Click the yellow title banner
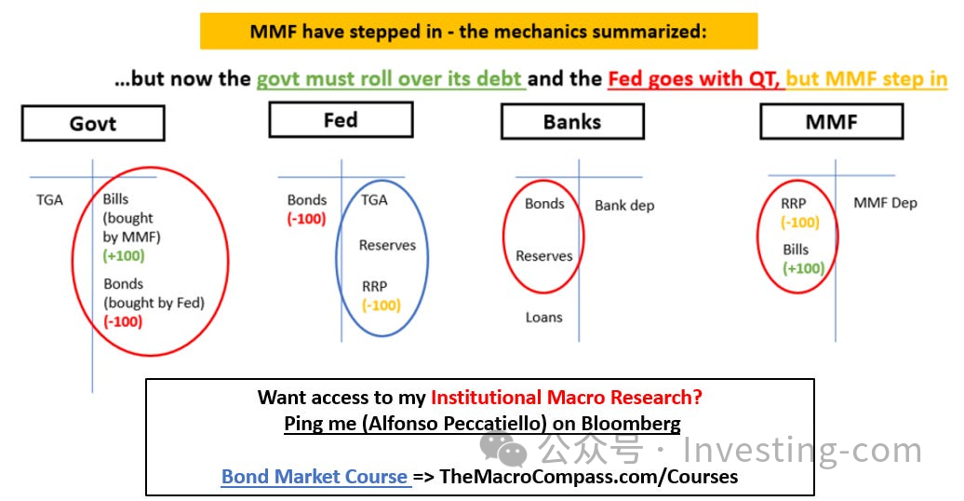pyautogui.click(x=478, y=31)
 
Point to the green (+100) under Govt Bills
pyautogui.click(x=124, y=255)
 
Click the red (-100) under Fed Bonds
pyautogui.click(x=306, y=219)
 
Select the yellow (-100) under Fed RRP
pyautogui.click(x=382, y=305)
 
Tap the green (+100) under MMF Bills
pyautogui.click(x=804, y=268)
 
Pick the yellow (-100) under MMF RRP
pyautogui.click(x=800, y=222)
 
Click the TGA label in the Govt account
pyautogui.click(x=49, y=200)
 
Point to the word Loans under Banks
pyautogui.click(x=544, y=317)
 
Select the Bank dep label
pyautogui.click(x=624, y=206)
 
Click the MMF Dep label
pyautogui.click(x=885, y=202)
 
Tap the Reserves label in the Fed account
pyautogui.click(x=387, y=245)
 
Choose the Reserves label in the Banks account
pyautogui.click(x=544, y=255)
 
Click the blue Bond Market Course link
pyautogui.click(x=315, y=477)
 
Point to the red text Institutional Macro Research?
pyautogui.click(x=567, y=398)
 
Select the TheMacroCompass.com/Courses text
pyautogui.click(x=589, y=477)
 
